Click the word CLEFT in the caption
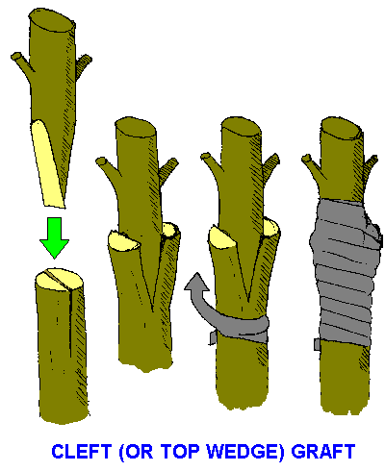(81, 452)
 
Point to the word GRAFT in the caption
(322, 452)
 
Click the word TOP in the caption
(180, 452)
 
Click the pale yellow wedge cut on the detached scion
(47, 163)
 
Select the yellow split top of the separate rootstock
(60, 280)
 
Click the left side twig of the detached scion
(22, 62)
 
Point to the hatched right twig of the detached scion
(83, 65)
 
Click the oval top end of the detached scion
(52, 20)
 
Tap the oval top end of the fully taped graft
(341, 129)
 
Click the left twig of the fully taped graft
(311, 166)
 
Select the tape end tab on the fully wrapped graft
(317, 344)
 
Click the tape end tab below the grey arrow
(214, 338)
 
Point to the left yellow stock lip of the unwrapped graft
(123, 240)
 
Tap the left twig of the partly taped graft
(210, 165)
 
